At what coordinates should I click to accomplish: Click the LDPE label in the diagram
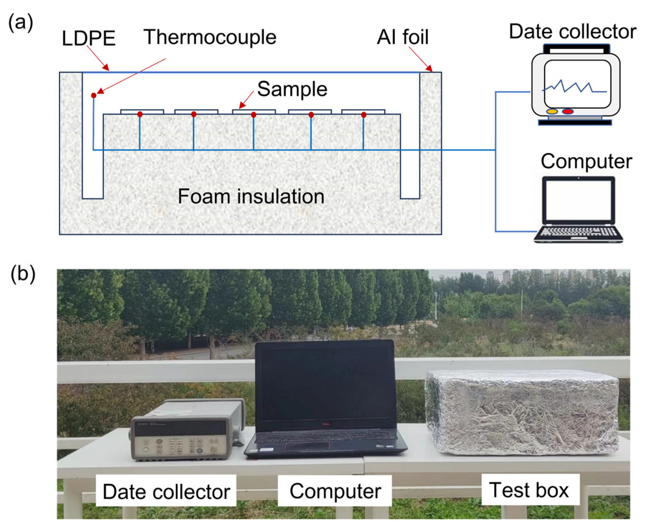click(x=89, y=38)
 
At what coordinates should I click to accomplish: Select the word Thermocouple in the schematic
click(x=210, y=37)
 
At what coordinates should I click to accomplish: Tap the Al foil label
click(x=402, y=37)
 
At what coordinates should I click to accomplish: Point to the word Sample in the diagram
click(x=292, y=89)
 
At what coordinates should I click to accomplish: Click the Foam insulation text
click(x=251, y=196)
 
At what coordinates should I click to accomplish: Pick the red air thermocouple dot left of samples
click(x=94, y=95)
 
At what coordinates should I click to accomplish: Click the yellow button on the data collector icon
click(x=552, y=112)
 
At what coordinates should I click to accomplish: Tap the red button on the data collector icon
click(x=567, y=112)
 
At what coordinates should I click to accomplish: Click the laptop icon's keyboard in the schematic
click(x=578, y=232)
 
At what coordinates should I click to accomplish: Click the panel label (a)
click(x=20, y=23)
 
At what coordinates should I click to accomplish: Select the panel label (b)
click(x=23, y=274)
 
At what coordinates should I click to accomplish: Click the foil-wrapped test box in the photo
click(x=521, y=413)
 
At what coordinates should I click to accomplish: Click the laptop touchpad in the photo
click(x=307, y=445)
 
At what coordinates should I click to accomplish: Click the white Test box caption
click(x=530, y=490)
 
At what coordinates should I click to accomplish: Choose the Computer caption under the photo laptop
click(x=335, y=491)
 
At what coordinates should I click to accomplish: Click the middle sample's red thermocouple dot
click(x=253, y=115)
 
